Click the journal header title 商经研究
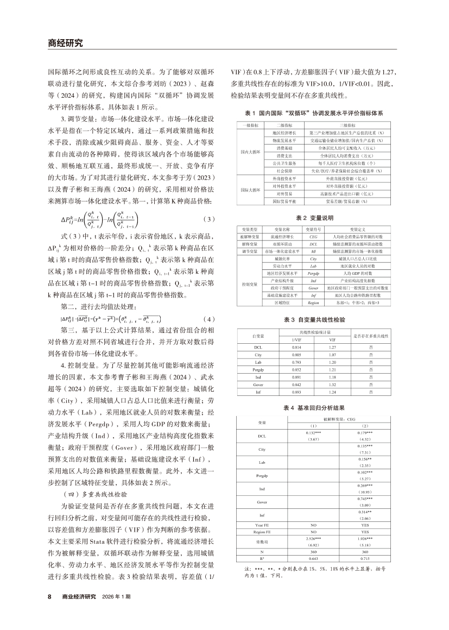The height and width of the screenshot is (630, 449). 65,43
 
